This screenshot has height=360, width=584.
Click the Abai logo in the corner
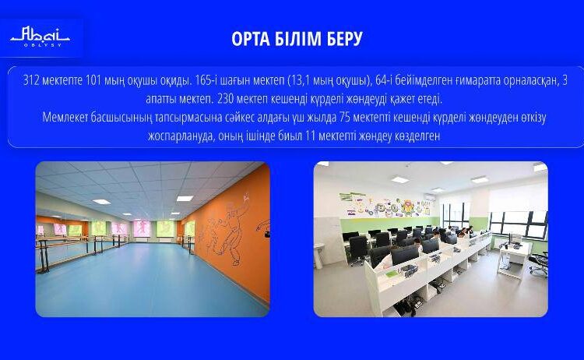(x=40, y=37)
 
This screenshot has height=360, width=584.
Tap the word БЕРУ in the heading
(x=343, y=39)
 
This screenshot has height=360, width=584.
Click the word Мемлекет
(x=67, y=117)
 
